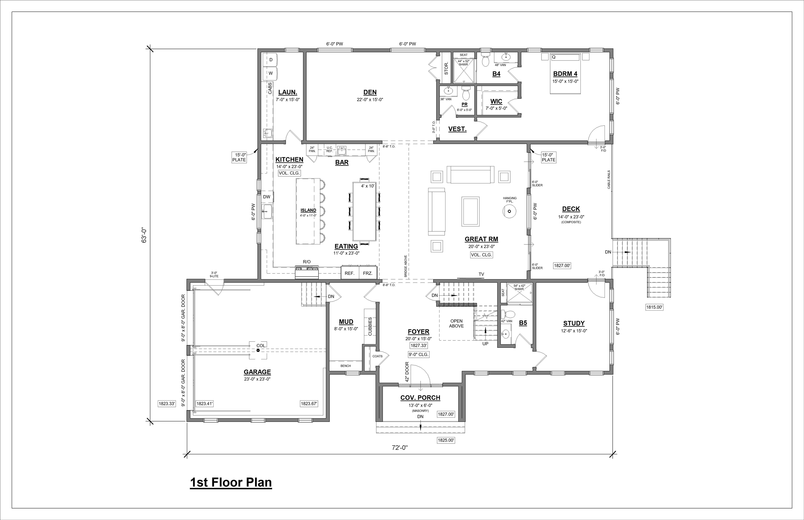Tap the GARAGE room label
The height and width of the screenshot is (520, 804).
click(x=257, y=372)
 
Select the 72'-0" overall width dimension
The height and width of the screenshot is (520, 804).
click(x=400, y=448)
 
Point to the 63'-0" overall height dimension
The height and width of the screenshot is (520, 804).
click(x=144, y=235)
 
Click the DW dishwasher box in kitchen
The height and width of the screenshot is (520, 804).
click(x=267, y=197)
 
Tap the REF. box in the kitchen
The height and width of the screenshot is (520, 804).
click(x=349, y=273)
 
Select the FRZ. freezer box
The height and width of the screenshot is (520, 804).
click(x=368, y=273)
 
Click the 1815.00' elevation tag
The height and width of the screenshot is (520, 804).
click(x=654, y=307)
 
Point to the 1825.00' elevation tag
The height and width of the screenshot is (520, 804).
click(x=446, y=440)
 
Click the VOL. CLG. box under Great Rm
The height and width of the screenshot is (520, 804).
click(x=482, y=255)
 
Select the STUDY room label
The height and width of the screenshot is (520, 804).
click(x=574, y=323)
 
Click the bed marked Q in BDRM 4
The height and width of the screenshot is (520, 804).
click(x=565, y=74)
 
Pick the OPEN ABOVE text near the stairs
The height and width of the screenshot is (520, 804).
click(x=456, y=323)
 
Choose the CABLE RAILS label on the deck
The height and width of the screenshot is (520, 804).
click(x=609, y=179)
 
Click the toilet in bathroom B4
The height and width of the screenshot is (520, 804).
click(x=485, y=59)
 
